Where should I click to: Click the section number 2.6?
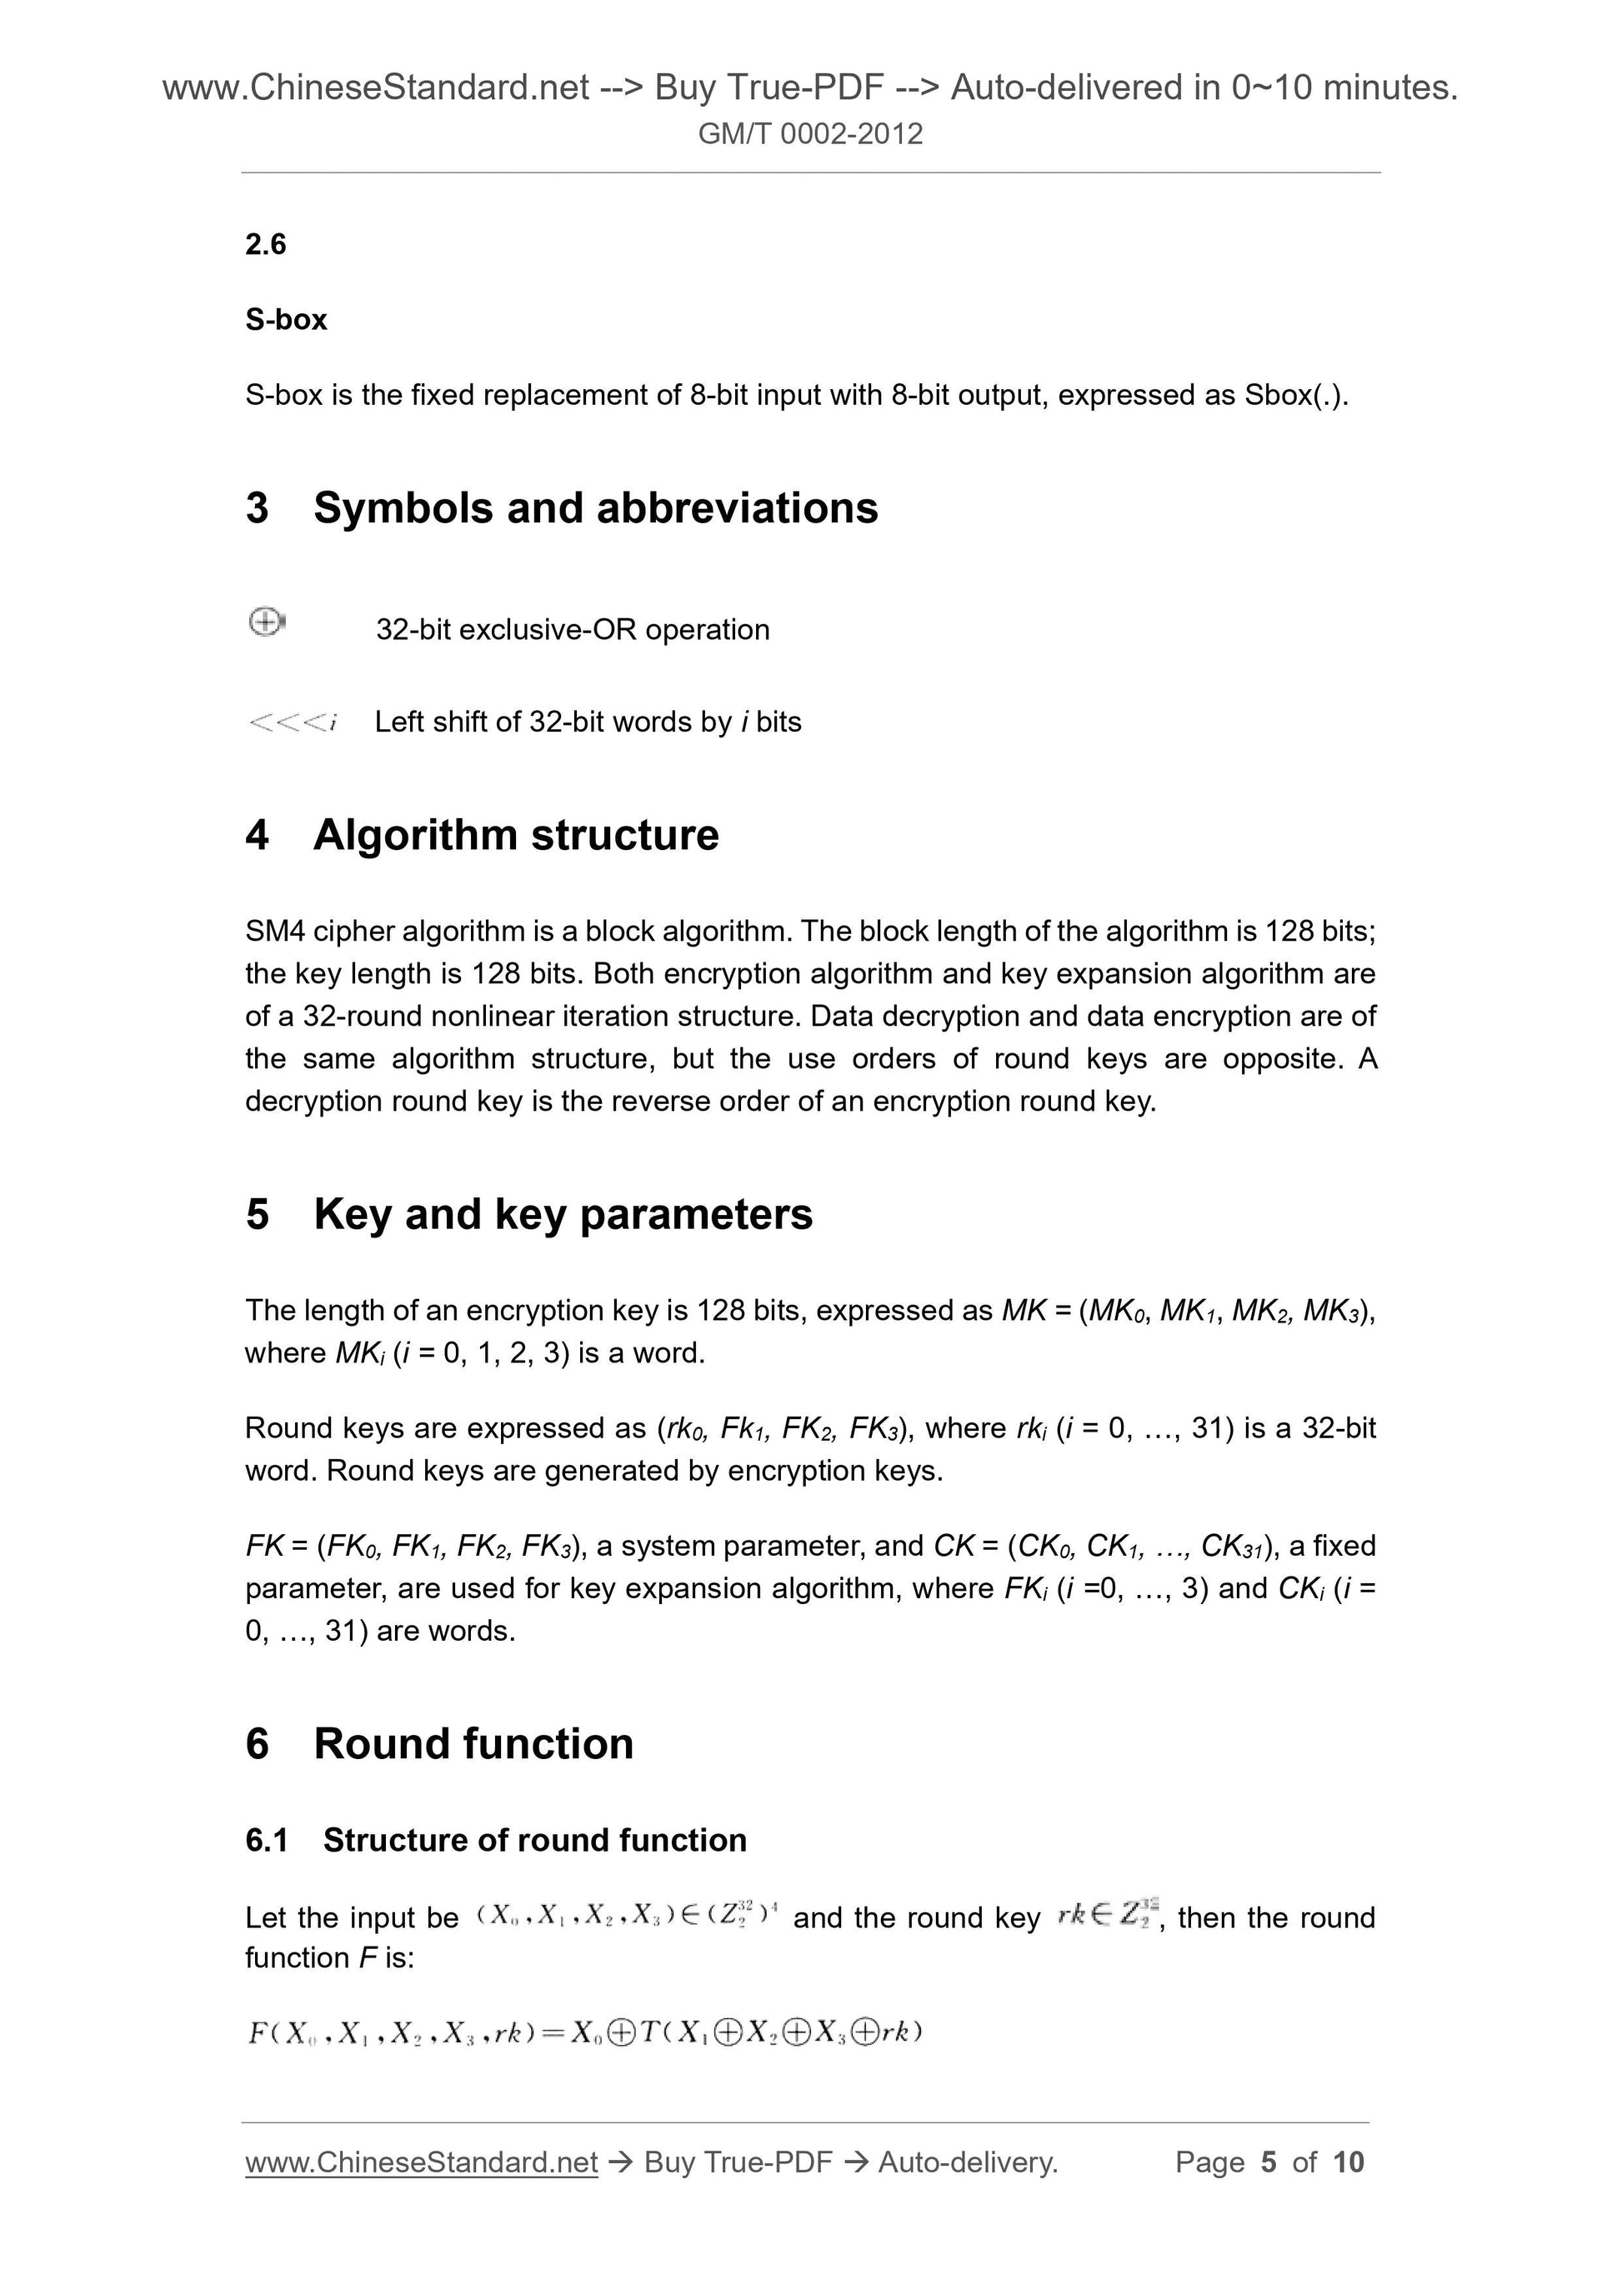point(265,244)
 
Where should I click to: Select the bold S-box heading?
point(286,320)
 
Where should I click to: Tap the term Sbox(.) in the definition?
point(1295,396)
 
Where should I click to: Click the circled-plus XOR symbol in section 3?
point(265,622)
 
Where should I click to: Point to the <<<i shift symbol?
point(291,722)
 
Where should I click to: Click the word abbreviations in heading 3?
point(737,507)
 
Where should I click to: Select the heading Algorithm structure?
point(516,834)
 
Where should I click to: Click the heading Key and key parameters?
point(563,1214)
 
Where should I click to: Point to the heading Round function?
point(473,1743)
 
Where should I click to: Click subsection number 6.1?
point(266,1841)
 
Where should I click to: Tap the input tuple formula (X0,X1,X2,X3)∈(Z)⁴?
point(627,1917)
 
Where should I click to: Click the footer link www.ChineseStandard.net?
point(421,2162)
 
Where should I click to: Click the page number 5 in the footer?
point(1269,2162)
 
